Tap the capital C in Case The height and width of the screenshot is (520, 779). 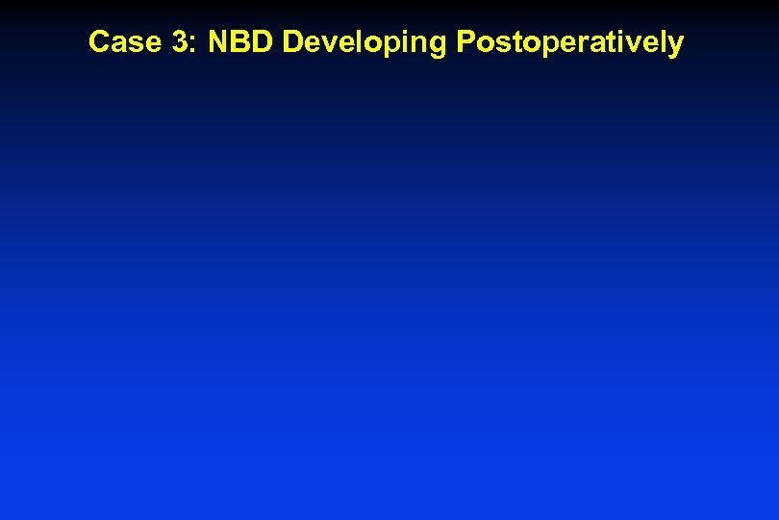tap(97, 42)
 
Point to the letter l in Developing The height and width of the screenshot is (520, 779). tap(357, 42)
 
